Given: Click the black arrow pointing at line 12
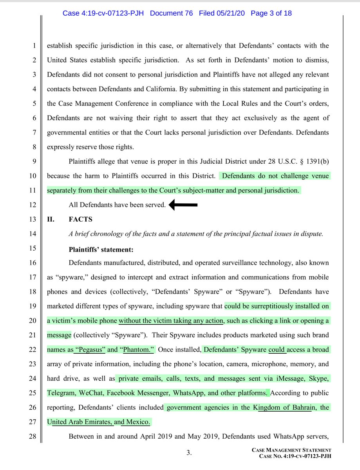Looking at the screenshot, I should pyautogui.click(x=183, y=204).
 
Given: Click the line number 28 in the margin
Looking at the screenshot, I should pyautogui.click(x=34, y=436).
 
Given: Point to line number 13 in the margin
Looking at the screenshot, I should pyautogui.click(x=34, y=219).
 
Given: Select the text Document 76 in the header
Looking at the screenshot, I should pyautogui.click(x=172, y=13).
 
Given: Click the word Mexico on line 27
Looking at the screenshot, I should pyautogui.click(x=137, y=422).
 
